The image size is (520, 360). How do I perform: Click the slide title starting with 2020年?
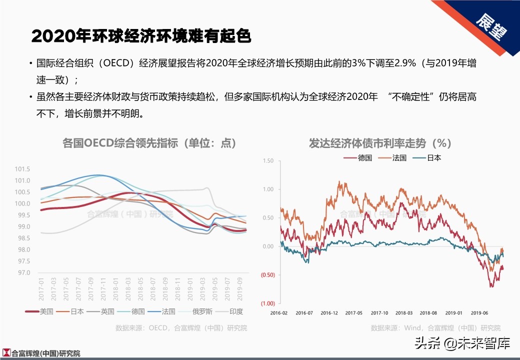click(x=141, y=36)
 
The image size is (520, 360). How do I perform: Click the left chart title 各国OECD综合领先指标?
click(x=149, y=143)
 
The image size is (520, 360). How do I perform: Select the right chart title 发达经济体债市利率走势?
click(x=380, y=143)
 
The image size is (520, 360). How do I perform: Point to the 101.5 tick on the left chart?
click(x=23, y=169)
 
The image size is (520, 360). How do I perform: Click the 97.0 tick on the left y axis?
click(x=23, y=273)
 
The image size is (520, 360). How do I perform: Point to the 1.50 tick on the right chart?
click(x=268, y=161)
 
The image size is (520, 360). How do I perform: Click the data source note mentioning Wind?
click(x=435, y=328)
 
